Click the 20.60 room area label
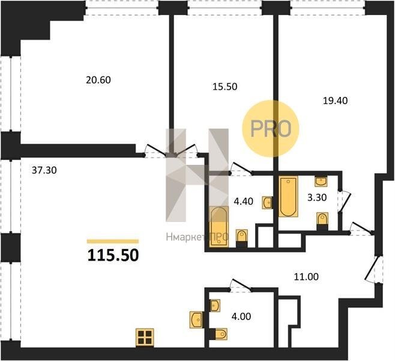[98, 80]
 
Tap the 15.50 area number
[225, 87]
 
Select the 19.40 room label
[335, 100]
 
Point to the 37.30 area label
[44, 170]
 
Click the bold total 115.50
[113, 255]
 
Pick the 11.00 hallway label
[306, 277]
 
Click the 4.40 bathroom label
[243, 202]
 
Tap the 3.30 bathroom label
[317, 197]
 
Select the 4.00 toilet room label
[241, 316]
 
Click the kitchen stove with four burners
[145, 338]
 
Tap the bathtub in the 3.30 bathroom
[288, 197]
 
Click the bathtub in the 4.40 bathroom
[219, 227]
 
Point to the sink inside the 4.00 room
[215, 306]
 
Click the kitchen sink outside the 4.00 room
[196, 320]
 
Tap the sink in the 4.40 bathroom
[267, 203]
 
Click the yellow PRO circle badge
[271, 129]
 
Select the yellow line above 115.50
[113, 241]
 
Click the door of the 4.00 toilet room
[241, 285]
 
